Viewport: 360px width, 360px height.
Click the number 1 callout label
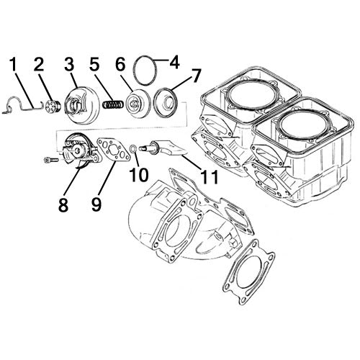[12, 65]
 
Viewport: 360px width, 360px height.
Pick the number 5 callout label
[93, 65]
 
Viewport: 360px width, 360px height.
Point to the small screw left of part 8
[50, 158]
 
